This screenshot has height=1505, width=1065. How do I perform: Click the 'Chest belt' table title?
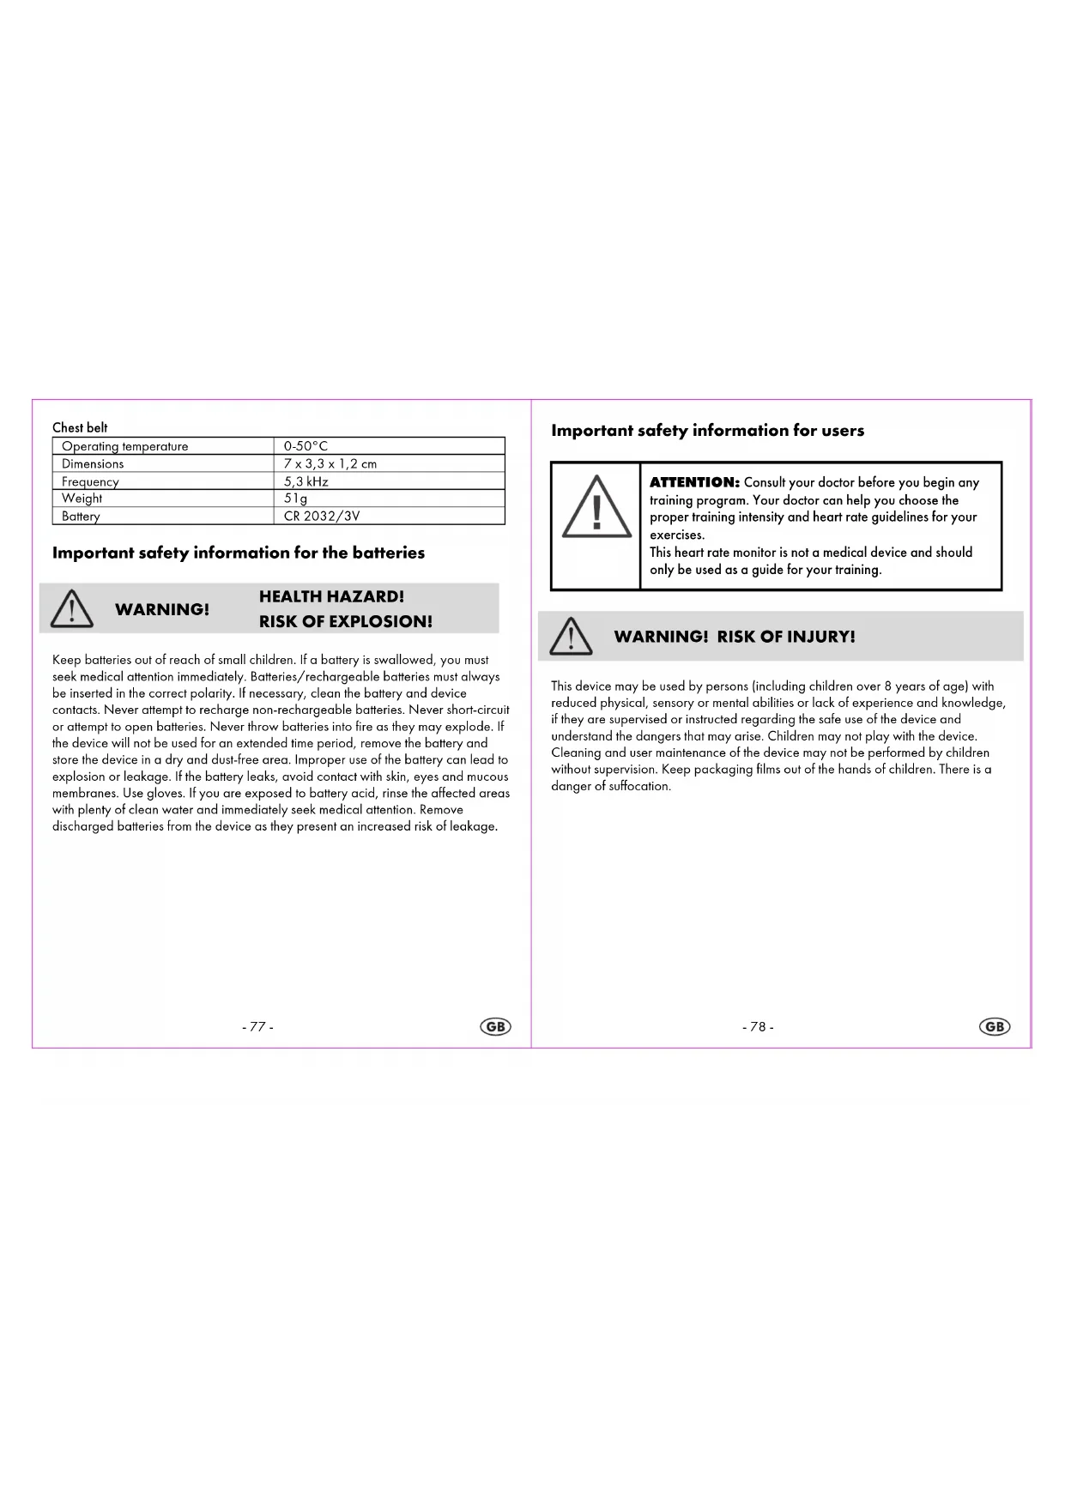(80, 427)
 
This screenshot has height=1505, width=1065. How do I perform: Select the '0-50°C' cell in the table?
(306, 446)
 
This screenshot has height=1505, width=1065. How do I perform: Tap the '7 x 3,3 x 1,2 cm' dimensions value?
(330, 464)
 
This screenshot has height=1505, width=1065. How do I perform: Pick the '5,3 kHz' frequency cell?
(306, 481)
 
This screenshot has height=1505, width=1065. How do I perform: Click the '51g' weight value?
(295, 499)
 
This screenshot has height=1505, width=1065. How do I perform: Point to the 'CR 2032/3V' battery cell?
(322, 517)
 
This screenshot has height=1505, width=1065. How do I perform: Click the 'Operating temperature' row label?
(124, 446)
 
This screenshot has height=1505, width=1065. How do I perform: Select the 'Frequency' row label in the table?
(90, 481)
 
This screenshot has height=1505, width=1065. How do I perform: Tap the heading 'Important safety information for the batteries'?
(239, 553)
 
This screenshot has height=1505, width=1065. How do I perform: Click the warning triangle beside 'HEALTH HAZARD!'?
(72, 608)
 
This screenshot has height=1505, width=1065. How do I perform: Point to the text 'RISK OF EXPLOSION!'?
(346, 621)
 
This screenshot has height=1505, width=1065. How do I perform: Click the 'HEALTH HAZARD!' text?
(331, 596)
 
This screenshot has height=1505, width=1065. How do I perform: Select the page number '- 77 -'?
(257, 1027)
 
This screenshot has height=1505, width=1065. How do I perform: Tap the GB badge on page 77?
(495, 1027)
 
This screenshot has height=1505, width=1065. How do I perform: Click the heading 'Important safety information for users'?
(707, 431)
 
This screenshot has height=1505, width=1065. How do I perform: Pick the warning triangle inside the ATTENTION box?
(596, 507)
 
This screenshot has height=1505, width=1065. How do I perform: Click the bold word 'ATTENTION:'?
(694, 482)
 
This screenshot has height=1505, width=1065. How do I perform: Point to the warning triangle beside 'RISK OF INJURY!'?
(571, 637)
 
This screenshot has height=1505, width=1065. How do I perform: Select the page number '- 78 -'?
(758, 1027)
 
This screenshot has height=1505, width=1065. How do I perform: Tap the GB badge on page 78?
(995, 1027)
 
